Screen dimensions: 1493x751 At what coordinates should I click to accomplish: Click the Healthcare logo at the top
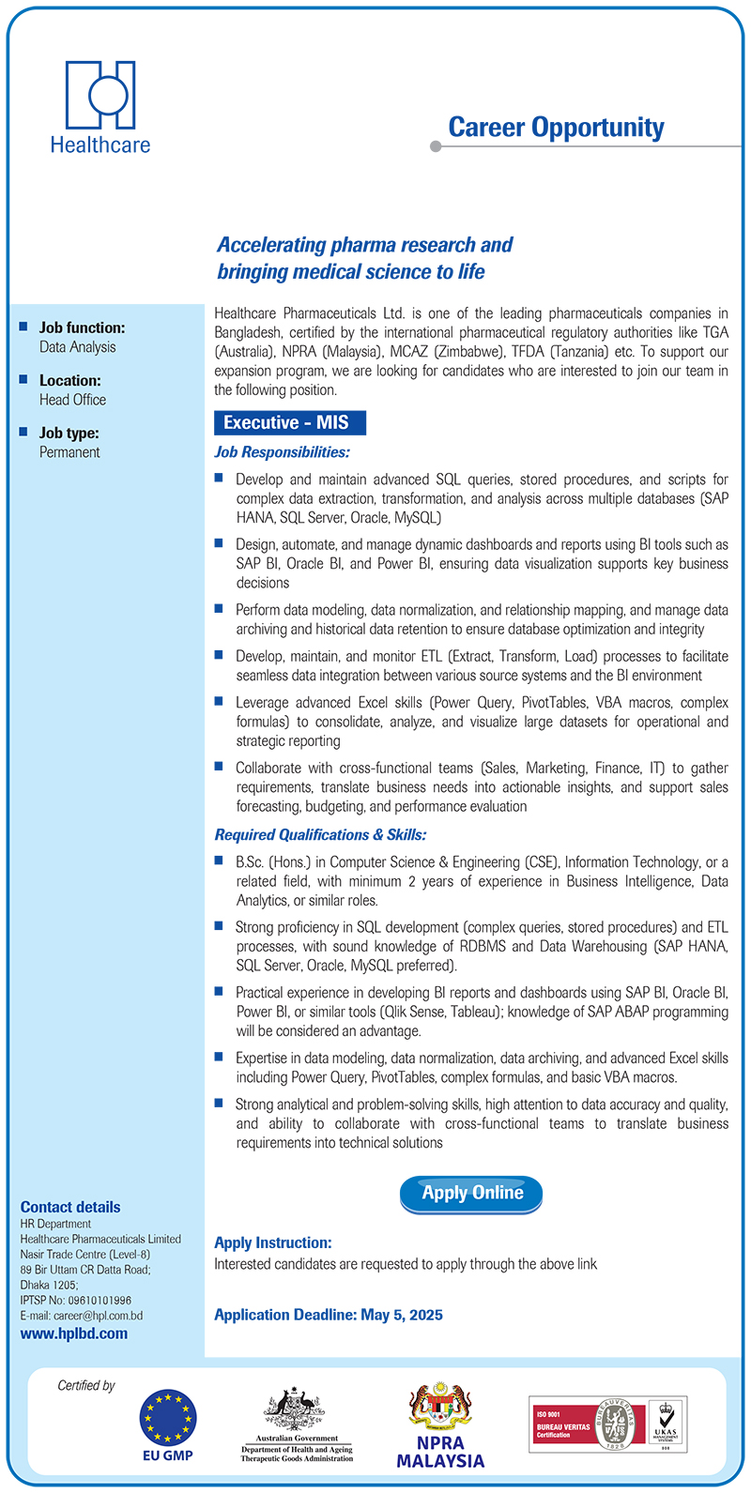[100, 106]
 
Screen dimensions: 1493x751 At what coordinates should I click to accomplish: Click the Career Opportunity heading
[556, 128]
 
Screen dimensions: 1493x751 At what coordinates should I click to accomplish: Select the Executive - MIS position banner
[289, 423]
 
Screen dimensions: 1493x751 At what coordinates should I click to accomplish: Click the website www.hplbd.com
[74, 1333]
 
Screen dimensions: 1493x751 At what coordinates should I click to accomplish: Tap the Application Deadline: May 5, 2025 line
[329, 1315]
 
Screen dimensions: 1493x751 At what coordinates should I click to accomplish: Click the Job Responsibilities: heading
[282, 452]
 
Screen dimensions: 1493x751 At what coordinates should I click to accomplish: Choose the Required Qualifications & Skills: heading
[320, 834]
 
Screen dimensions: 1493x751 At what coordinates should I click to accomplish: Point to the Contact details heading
[70, 1207]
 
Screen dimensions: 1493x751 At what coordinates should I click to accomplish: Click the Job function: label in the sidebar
[82, 328]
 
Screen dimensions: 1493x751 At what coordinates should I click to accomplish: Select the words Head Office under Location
[72, 400]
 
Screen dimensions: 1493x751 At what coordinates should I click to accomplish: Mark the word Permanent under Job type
[69, 452]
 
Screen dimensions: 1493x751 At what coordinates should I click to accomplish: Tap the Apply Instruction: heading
[273, 1242]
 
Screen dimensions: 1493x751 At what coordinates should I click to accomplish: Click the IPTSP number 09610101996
[99, 1301]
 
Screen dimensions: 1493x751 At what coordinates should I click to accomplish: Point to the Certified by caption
[86, 1385]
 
